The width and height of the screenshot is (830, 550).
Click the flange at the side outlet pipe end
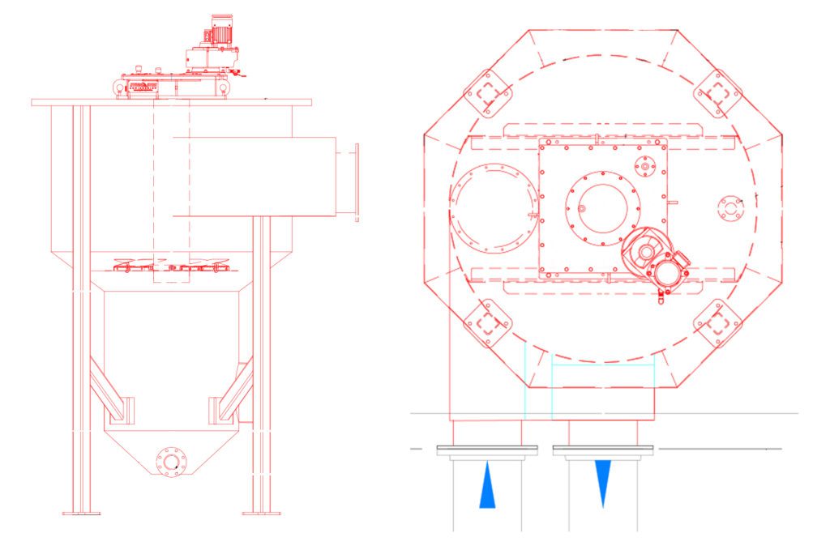point(355,181)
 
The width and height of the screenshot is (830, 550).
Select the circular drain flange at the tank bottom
point(170,462)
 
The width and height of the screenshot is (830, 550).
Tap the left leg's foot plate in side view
point(82,512)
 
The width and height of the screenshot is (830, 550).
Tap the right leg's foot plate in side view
point(261,512)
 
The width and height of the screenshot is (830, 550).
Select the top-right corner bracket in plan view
point(717,92)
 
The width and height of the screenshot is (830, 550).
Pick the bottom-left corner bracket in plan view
point(488,323)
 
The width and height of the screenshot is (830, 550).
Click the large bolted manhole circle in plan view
point(492,207)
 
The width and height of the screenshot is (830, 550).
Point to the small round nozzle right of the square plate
point(730,208)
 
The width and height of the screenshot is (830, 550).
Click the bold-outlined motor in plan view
point(658,261)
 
